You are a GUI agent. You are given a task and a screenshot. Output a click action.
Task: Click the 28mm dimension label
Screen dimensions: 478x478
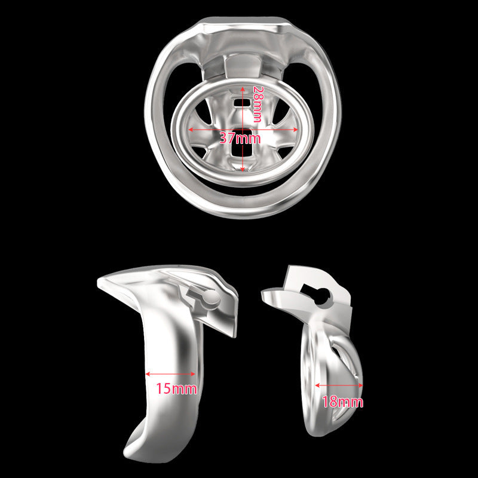[257, 103]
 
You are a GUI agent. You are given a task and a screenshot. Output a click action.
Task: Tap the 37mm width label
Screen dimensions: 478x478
[240, 138]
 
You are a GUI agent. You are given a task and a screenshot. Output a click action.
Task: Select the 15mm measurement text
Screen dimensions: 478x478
[176, 389]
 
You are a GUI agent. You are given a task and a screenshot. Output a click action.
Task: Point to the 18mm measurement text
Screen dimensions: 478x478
[341, 402]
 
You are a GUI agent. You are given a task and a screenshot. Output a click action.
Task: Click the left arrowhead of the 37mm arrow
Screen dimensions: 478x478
[191, 128]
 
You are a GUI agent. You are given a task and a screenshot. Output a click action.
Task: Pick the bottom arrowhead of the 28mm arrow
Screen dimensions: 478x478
[243, 169]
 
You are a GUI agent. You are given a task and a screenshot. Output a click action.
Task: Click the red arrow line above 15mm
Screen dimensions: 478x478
[170, 375]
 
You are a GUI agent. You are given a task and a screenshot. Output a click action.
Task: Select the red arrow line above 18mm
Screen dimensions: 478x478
[339, 386]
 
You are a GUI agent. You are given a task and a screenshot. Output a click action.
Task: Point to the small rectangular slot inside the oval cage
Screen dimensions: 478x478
[243, 104]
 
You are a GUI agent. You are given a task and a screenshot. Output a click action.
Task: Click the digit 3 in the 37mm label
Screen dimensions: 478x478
[223, 138]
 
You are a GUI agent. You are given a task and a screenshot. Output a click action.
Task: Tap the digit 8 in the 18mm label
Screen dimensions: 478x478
[333, 402]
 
